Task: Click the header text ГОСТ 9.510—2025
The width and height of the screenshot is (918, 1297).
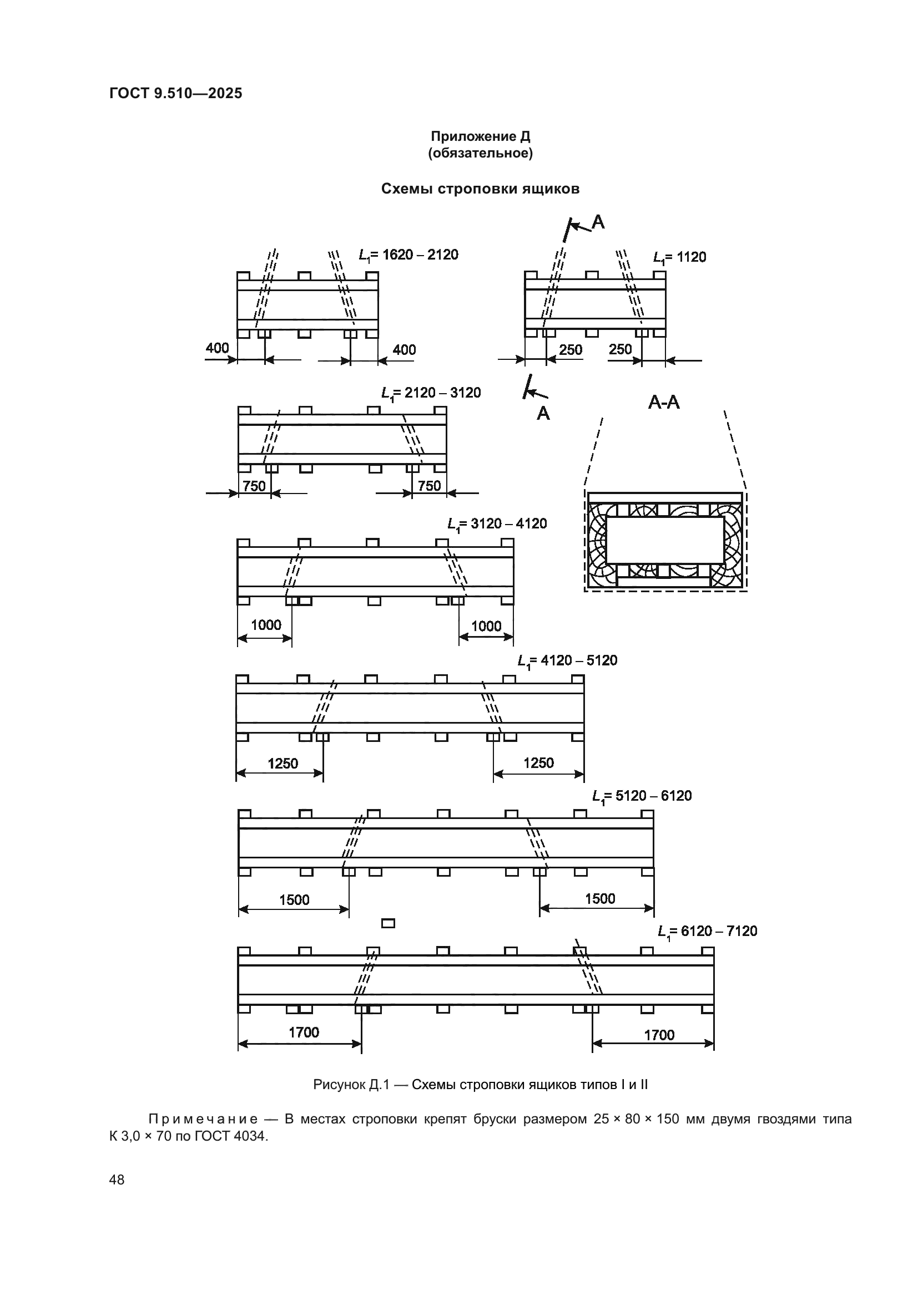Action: [176, 93]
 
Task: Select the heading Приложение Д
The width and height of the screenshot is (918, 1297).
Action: [481, 137]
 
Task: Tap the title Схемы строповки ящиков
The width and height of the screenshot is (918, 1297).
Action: [481, 189]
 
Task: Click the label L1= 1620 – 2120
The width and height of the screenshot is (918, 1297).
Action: [408, 255]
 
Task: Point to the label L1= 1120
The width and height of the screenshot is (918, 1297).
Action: [679, 258]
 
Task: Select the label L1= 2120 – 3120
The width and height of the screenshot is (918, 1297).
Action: [431, 393]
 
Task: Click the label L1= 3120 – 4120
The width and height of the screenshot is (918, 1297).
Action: [497, 524]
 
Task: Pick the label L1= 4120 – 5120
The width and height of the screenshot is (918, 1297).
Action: [567, 661]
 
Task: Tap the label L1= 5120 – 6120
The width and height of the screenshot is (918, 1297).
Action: [642, 796]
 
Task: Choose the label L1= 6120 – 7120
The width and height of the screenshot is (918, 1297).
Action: [707, 932]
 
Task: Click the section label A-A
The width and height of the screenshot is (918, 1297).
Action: [664, 403]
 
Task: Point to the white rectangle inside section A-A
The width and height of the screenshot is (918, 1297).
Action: [665, 540]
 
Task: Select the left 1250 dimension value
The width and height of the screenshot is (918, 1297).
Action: [283, 764]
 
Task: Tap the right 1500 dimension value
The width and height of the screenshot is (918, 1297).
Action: [600, 899]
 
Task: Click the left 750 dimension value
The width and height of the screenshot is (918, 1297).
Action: [254, 486]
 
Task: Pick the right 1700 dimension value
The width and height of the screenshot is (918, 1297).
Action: [659, 1035]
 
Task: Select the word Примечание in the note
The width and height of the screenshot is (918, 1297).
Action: [203, 1119]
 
